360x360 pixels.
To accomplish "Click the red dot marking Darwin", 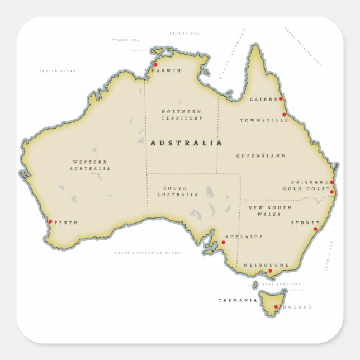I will tap(155, 64).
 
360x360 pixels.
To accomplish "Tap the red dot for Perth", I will tap(50, 221).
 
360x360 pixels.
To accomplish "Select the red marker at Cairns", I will tap(281, 99).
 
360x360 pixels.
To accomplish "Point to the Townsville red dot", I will tap(284, 115).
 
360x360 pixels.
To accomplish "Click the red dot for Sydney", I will tap(315, 229).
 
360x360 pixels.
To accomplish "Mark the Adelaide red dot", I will tap(223, 242).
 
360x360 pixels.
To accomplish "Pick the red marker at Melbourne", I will tap(270, 271).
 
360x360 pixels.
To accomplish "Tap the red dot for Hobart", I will tap(276, 306).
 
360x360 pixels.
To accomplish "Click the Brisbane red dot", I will tap(331, 182).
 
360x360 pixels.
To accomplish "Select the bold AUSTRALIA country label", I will tap(186, 143).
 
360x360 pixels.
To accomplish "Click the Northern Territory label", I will tap(182, 115).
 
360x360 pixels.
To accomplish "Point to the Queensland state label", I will tap(260, 156).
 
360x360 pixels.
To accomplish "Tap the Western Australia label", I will tap(90, 165).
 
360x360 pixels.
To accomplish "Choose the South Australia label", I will tap(177, 191).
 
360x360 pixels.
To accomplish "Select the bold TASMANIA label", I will tap(238, 300).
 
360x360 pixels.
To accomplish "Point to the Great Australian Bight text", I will tap(148, 253).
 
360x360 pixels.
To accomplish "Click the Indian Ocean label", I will tap(58, 71).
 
